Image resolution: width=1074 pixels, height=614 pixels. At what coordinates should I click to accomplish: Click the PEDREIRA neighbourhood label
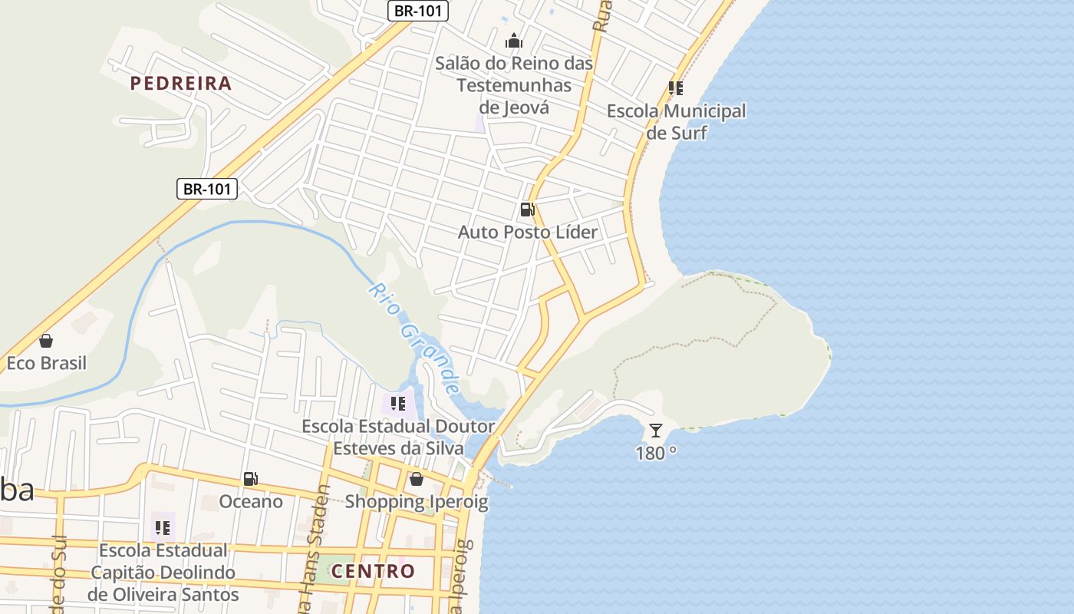(180, 84)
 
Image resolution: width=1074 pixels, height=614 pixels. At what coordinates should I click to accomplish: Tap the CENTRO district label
(373, 571)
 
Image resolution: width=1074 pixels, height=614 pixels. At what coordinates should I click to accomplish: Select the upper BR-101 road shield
(417, 11)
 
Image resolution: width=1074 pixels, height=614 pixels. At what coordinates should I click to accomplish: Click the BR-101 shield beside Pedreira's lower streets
(207, 189)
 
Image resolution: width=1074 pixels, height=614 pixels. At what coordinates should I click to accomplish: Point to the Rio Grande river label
(414, 337)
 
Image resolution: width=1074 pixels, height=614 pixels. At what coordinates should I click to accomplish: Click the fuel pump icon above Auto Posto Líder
(527, 210)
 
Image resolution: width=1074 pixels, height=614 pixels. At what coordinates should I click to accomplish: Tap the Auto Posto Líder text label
(527, 232)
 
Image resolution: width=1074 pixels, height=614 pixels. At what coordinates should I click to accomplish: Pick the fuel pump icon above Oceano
(250, 479)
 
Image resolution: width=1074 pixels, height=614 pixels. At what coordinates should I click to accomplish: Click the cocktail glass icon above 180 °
(655, 430)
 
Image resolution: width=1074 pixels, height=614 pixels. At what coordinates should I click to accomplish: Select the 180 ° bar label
(655, 453)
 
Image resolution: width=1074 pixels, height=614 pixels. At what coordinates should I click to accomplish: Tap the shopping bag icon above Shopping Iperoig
(416, 479)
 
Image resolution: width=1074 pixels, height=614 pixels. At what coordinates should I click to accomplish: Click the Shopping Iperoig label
(416, 502)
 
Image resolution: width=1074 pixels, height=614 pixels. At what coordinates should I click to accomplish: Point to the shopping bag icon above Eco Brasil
(46, 341)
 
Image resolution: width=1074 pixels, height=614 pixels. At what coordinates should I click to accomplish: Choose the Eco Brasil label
(46, 363)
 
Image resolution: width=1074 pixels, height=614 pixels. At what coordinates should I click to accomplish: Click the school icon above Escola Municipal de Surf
(675, 88)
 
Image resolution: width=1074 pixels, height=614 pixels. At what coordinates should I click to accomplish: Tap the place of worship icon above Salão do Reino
(514, 41)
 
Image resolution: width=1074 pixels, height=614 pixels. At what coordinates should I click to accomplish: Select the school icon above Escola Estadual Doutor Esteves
(397, 403)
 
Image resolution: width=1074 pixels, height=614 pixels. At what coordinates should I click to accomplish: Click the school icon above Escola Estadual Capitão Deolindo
(162, 527)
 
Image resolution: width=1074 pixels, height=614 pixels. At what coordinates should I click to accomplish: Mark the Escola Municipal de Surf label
(676, 121)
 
